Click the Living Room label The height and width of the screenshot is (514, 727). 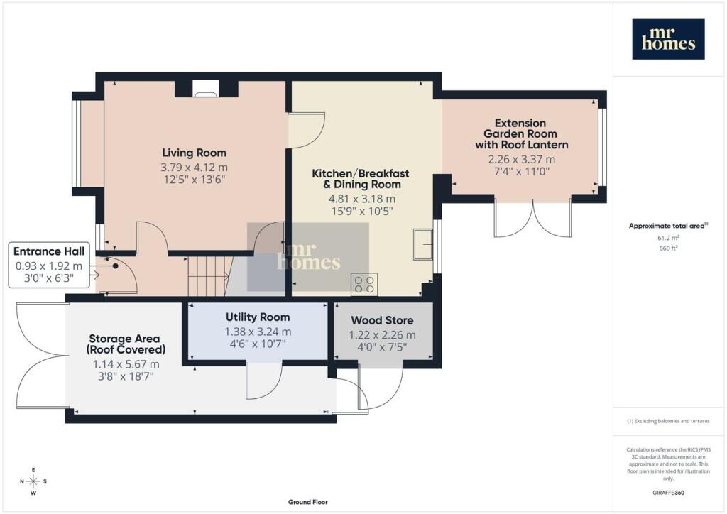tap(195, 153)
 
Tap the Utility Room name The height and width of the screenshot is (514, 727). tap(258, 317)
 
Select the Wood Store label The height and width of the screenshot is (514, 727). tap(382, 320)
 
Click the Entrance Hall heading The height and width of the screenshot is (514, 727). tap(49, 251)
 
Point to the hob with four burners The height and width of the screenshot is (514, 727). tap(364, 285)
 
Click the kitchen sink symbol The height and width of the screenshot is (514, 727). tap(423, 244)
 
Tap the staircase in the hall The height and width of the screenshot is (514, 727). tap(209, 276)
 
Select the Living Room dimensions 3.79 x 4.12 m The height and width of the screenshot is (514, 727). tap(195, 168)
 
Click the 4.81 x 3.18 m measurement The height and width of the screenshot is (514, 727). tap(362, 199)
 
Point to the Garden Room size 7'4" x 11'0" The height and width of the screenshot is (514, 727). tap(522, 172)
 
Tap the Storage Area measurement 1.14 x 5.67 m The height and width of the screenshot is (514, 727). tap(126, 364)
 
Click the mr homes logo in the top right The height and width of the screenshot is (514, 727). tap(668, 39)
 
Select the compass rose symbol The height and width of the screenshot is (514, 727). tap(33, 481)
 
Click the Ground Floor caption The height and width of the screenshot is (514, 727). tap(308, 502)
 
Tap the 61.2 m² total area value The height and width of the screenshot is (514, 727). tap(668, 238)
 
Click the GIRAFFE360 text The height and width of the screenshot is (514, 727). tap(668, 493)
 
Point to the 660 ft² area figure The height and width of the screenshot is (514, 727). tap(668, 248)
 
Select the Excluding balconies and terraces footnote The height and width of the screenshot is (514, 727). tap(668, 421)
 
